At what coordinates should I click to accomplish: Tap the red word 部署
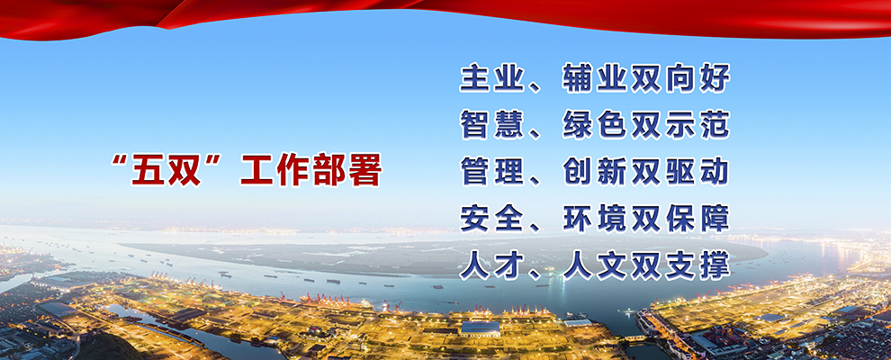pyautogui.click(x=346, y=170)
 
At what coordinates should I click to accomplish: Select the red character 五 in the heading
pyautogui.click(x=148, y=170)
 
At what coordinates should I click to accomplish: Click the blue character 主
pyautogui.click(x=475, y=78)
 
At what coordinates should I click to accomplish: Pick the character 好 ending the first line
pyautogui.click(x=715, y=78)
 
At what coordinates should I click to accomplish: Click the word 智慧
pyautogui.click(x=492, y=125)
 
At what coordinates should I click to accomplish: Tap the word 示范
pyautogui.click(x=697, y=125)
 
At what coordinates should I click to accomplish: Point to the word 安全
pyautogui.click(x=492, y=219)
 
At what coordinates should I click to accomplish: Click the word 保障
pyautogui.click(x=697, y=219)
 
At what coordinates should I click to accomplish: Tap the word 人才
pyautogui.click(x=492, y=265)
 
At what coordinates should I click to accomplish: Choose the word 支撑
pyautogui.click(x=697, y=265)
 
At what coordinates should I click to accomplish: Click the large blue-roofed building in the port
pyautogui.click(x=481, y=328)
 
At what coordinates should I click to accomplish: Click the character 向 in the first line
pyautogui.click(x=680, y=78)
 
